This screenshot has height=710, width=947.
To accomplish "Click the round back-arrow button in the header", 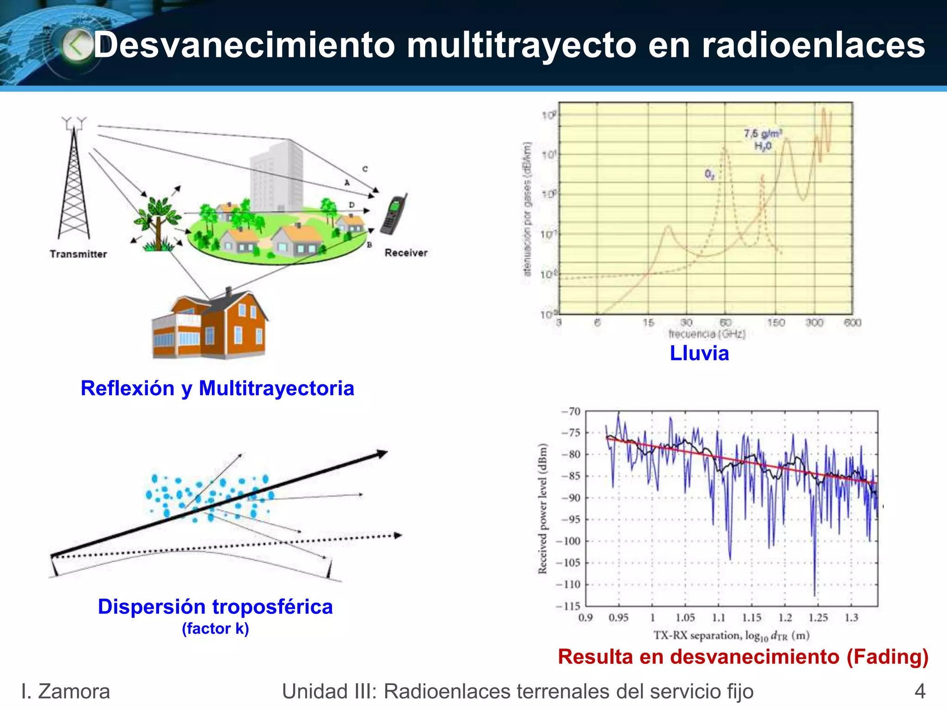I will (x=77, y=45).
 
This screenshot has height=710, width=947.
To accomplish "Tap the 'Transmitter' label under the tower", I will (x=78, y=254).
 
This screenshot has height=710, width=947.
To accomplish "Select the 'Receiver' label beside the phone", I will (x=406, y=252).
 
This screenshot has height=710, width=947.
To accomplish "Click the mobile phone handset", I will (x=394, y=214).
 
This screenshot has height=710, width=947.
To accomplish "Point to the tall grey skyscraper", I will (x=277, y=176).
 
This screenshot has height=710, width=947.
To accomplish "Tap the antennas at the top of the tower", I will (x=74, y=122).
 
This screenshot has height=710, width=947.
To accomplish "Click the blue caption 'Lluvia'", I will (x=699, y=353).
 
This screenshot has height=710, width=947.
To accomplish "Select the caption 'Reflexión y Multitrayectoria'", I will (x=217, y=388).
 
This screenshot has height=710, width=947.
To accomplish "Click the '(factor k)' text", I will (x=215, y=628).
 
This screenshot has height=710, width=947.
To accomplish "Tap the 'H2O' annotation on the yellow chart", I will (x=763, y=146).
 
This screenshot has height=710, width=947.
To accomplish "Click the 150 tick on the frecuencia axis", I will (x=776, y=322).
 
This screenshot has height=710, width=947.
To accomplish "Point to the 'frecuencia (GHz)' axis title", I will (x=707, y=334).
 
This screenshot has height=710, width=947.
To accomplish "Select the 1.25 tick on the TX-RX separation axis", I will (x=818, y=618).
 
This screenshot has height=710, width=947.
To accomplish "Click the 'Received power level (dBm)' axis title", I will (x=542, y=508).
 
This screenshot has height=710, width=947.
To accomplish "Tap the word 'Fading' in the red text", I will (x=887, y=656).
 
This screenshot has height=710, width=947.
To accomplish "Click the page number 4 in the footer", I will (x=920, y=692).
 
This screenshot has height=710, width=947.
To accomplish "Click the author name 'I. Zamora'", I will (x=66, y=692).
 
